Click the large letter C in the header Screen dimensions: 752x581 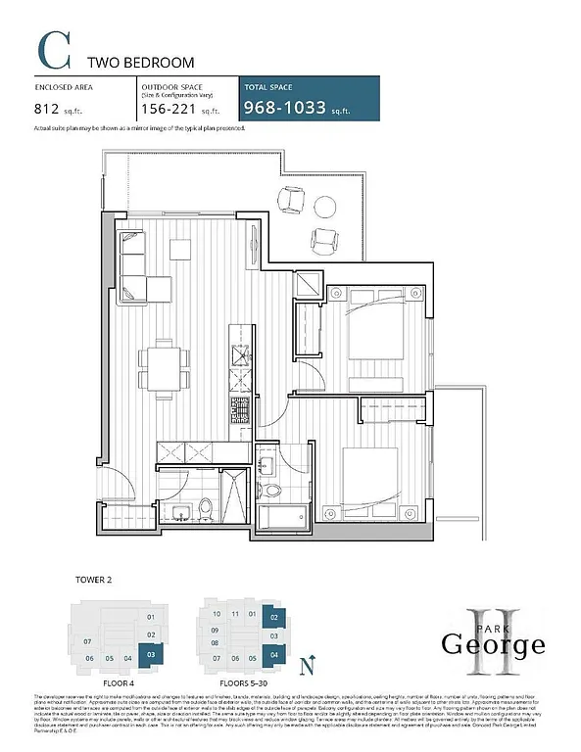53,51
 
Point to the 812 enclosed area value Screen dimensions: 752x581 55,110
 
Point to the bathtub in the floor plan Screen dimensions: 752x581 284,516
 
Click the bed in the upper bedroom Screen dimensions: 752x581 363,328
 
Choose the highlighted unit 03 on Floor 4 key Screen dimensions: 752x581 150,654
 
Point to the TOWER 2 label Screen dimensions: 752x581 95,580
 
